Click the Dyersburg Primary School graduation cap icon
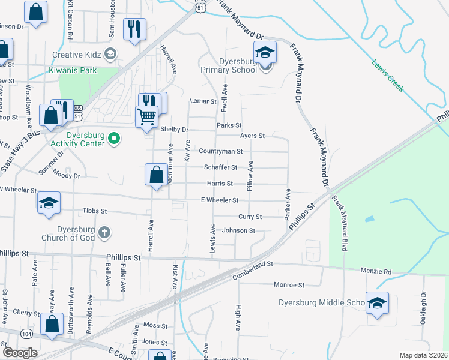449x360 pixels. click(265, 52)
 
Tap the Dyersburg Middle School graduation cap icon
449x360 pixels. click(377, 303)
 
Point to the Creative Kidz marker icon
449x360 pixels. click(110, 55)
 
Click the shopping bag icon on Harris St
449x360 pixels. click(156, 176)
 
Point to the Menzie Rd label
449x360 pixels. click(376, 272)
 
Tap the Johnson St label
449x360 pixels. click(239, 230)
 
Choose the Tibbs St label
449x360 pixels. click(94, 211)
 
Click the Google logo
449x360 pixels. click(19, 353)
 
